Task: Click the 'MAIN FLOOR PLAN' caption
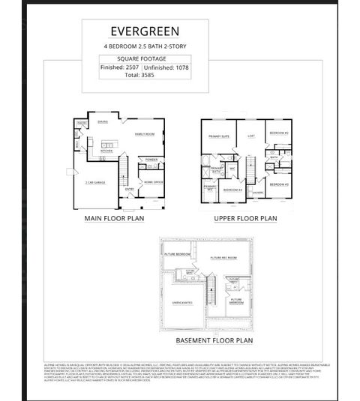point(114,218)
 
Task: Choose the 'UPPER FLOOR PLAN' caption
point(245,218)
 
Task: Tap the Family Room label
point(144,134)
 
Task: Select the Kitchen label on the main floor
point(106,151)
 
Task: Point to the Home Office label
point(153,182)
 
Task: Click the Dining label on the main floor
point(103,122)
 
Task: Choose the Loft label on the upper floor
point(251,136)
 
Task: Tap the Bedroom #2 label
point(279,133)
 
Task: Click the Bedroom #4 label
point(231,190)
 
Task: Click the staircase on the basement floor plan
point(211,287)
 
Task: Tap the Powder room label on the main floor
point(151,159)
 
